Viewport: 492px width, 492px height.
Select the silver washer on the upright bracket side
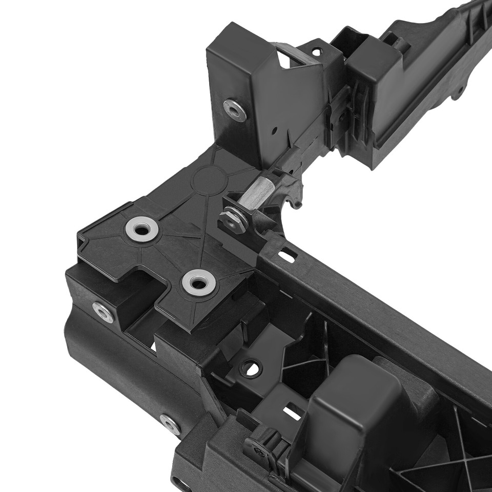[233, 109]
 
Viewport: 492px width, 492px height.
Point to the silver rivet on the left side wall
[102, 312]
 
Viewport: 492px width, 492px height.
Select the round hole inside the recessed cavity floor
[251, 367]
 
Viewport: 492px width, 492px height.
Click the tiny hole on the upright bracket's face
[275, 130]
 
